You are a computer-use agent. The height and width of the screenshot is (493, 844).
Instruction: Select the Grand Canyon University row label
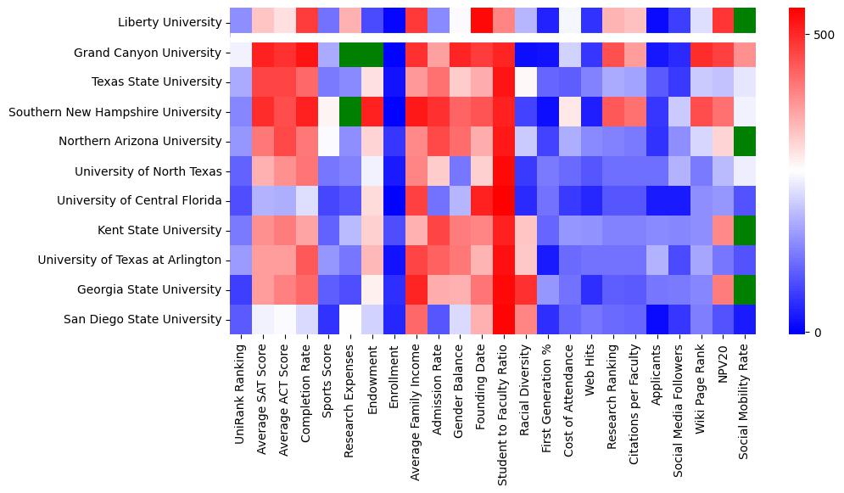(x=148, y=53)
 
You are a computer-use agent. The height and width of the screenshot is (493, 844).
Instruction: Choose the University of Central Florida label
(x=139, y=200)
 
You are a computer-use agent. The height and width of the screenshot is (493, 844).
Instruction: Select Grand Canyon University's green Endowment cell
(x=373, y=53)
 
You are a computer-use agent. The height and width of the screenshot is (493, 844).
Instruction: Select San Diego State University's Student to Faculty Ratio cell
(x=503, y=319)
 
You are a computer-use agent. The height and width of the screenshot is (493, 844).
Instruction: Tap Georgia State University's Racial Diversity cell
(x=525, y=289)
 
